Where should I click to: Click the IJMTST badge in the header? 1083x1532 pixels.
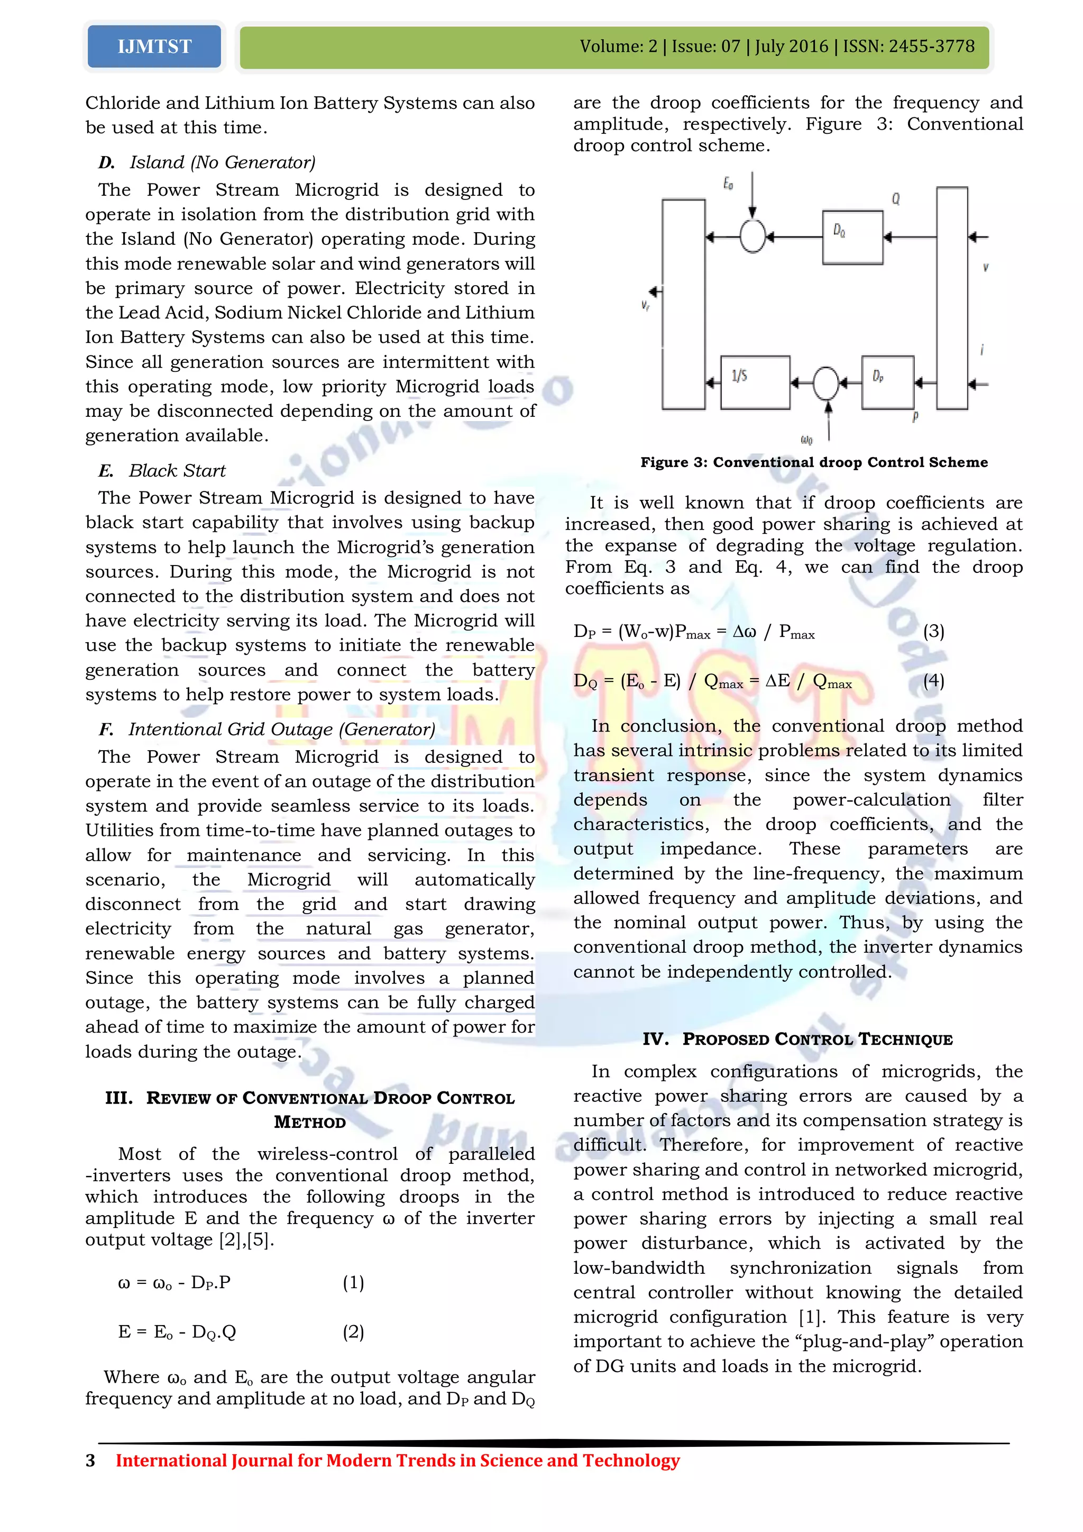[154, 47]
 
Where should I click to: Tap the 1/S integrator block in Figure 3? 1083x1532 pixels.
[755, 382]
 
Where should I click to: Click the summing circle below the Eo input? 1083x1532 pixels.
[752, 237]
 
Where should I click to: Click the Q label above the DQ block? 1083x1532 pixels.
[896, 199]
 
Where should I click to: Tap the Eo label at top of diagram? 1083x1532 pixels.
[728, 184]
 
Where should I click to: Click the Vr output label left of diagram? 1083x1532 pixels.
[646, 306]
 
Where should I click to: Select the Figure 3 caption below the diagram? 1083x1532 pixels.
[814, 462]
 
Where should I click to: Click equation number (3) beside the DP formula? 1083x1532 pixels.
[933, 631]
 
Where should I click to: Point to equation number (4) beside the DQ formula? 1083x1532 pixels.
[933, 681]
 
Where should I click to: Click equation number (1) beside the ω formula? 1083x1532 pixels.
[353, 1282]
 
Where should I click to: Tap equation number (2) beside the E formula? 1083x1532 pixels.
[353, 1333]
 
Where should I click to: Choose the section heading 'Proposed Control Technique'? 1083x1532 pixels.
[797, 1039]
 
